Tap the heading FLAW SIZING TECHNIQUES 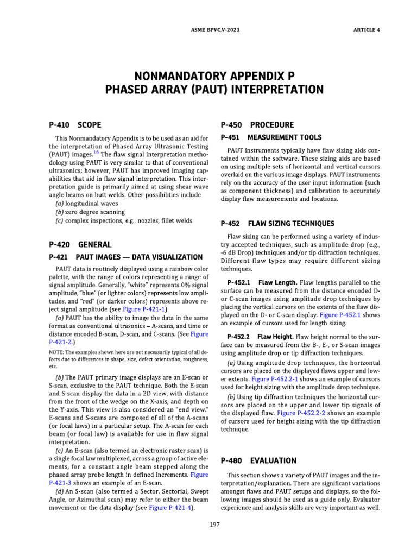point(291,223)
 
